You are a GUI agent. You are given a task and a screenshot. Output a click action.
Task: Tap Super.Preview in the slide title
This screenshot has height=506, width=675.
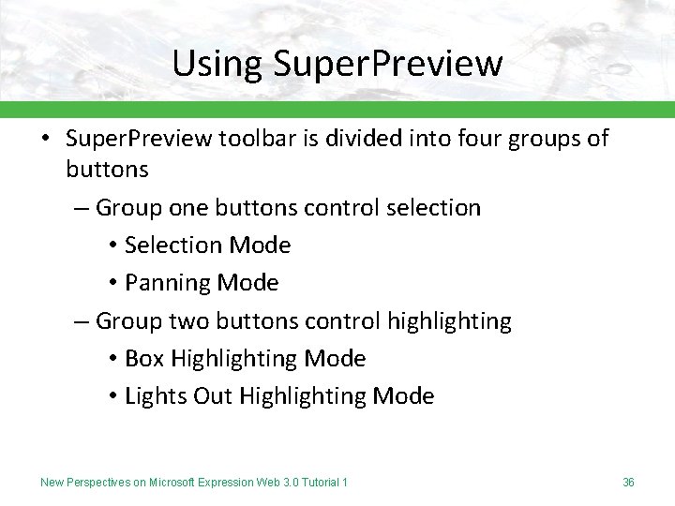(389, 64)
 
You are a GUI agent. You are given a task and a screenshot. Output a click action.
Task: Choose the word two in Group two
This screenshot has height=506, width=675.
(190, 321)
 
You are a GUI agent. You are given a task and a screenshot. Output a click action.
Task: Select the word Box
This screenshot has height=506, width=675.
(144, 359)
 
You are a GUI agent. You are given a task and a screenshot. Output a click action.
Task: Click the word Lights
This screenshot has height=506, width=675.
(156, 396)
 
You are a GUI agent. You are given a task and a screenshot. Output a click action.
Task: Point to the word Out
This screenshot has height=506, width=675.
(213, 396)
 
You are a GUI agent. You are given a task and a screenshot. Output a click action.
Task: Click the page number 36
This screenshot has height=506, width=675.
(628, 483)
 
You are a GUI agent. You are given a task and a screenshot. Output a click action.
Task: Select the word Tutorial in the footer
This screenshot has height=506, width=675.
(319, 483)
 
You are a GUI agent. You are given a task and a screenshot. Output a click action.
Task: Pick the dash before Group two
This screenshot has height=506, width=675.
(82, 321)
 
